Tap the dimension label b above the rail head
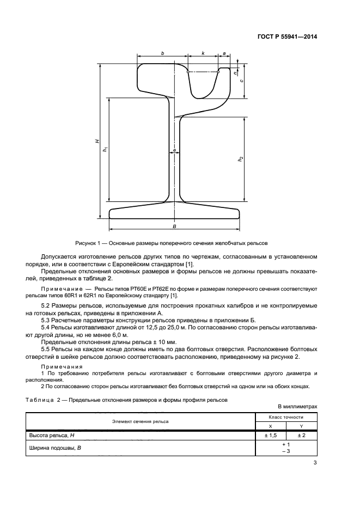[162, 53]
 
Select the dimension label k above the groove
[203, 53]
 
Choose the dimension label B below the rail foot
[174, 225]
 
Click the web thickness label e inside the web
[174, 149]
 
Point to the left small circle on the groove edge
[188, 71]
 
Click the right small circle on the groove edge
[218, 71]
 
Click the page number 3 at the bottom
[315, 463]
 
